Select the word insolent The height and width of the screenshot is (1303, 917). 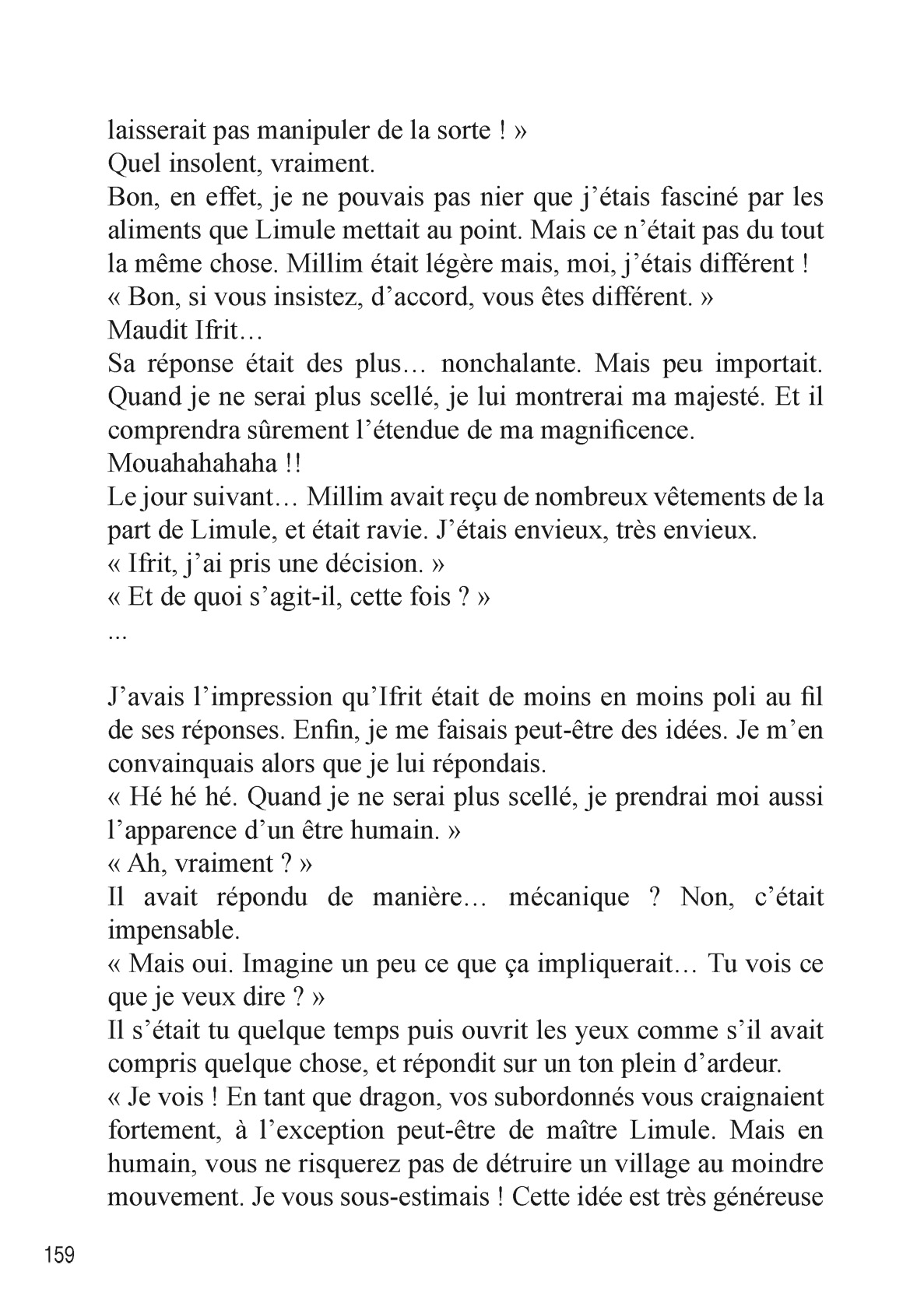[x=215, y=163]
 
